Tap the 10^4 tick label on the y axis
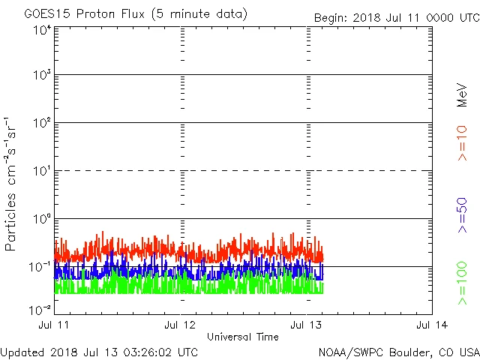click(41, 30)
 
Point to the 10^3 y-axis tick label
click(41, 75)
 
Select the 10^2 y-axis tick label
click(41, 123)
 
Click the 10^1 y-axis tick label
click(41, 171)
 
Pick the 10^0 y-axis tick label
click(41, 219)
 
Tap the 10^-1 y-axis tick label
click(40, 266)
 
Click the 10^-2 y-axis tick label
click(40, 310)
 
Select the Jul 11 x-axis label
click(55, 325)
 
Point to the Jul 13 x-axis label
click(307, 325)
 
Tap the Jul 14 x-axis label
click(432, 325)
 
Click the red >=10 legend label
click(462, 142)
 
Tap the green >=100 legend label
click(462, 283)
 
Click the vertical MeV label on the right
click(462, 97)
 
